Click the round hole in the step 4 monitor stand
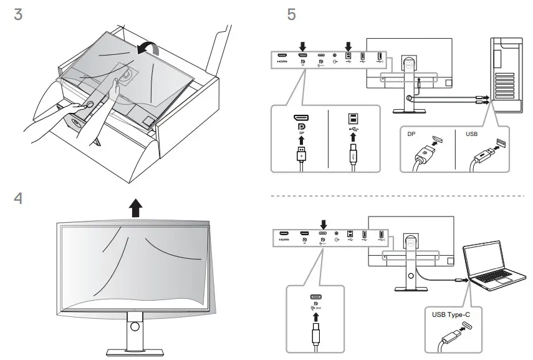(x=134, y=327)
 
